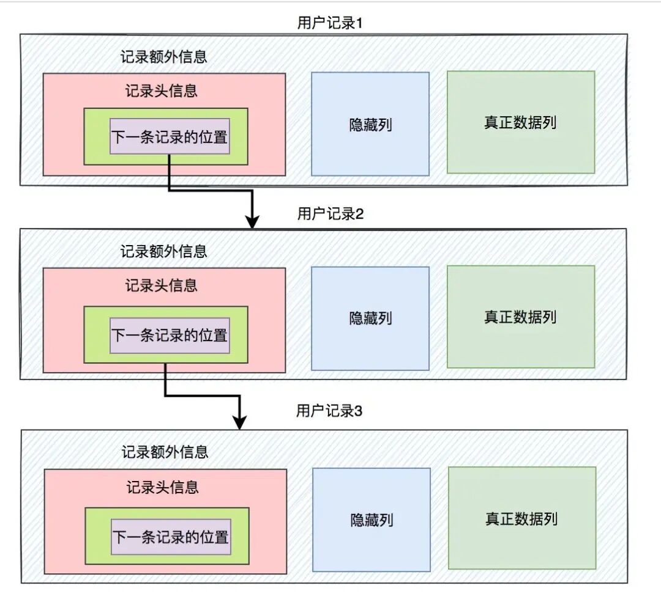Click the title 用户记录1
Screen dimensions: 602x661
tap(330, 23)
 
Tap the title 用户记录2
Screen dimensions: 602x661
tap(330, 214)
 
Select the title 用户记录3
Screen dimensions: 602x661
tap(329, 411)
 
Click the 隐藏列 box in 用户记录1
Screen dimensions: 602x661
tap(370, 124)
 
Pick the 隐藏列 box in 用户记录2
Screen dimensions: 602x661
tap(370, 318)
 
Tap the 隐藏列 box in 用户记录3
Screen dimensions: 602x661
tap(372, 520)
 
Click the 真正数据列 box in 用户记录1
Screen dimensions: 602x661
tap(520, 122)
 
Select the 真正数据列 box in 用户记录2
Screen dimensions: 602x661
tap(520, 317)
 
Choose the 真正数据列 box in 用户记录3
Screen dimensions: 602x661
tap(521, 519)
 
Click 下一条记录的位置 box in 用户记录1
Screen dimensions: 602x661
tap(170, 136)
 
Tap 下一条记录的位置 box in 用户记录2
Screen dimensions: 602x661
tap(170, 336)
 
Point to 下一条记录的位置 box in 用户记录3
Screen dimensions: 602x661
tap(171, 537)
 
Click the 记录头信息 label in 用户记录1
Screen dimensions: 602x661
tap(162, 91)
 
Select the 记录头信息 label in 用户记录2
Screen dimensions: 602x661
tap(162, 285)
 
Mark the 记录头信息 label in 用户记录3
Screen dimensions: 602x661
tap(163, 487)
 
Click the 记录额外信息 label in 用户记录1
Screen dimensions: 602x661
tap(163, 57)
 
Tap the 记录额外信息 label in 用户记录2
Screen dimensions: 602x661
tap(163, 251)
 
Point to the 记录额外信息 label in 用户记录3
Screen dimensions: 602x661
tap(165, 452)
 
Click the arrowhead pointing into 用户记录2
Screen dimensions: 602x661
tap(252, 222)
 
